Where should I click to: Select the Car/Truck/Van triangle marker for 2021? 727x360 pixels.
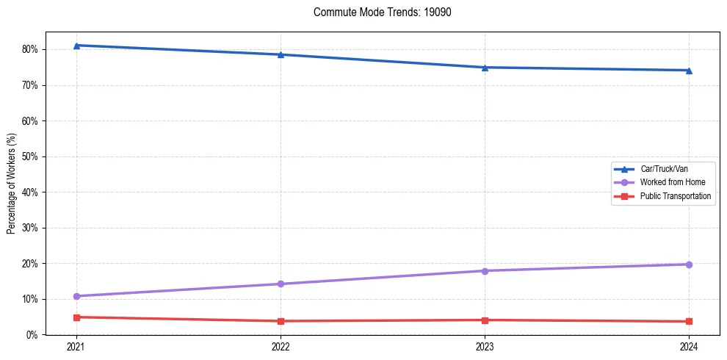pos(76,46)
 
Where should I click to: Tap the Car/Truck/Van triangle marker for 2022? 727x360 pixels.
pos(281,54)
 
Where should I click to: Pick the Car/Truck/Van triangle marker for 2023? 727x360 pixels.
pos(485,68)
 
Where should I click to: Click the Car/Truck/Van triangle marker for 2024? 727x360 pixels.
pos(689,71)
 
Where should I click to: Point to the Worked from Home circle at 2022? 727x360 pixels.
pos(281,284)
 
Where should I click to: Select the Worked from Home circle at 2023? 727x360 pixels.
pos(485,271)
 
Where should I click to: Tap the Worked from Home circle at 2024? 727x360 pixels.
pos(689,264)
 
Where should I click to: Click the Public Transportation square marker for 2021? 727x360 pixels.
pos(76,317)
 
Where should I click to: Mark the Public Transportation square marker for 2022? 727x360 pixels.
pos(281,321)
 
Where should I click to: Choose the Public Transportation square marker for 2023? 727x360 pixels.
pos(485,320)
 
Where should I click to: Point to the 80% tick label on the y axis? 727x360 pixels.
pos(34,50)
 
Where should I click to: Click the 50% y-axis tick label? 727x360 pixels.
pos(34,157)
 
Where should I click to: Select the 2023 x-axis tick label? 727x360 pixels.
pos(485,346)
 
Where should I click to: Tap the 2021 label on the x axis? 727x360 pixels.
pos(76,346)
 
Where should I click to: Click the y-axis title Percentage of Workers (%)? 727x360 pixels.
pos(12,184)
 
